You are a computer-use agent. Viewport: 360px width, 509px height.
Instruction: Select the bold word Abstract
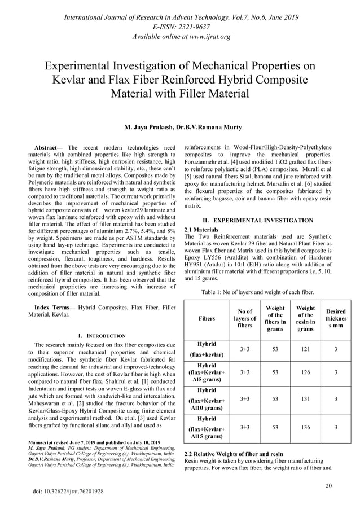49,147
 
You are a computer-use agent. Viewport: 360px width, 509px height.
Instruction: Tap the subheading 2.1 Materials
202,230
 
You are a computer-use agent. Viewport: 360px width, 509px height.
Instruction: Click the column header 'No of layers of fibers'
245,318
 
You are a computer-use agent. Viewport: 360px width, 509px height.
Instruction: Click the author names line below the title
179,128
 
